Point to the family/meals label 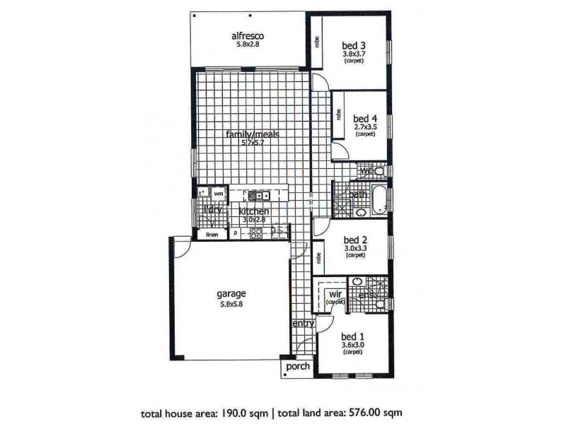253,134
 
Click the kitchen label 253,211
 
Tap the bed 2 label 354,239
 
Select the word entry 303,323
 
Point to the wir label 335,293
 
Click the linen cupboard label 212,235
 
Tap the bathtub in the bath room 379,199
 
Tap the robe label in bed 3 315,43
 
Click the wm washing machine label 219,192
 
